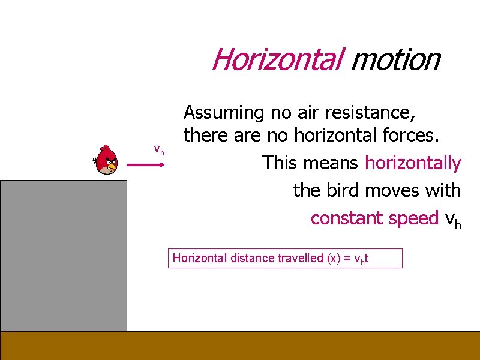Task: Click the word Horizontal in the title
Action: coord(277,59)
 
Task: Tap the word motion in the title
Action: coord(395,59)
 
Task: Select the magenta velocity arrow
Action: coord(146,167)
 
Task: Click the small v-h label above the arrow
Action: coord(159,149)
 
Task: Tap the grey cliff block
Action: coord(64,255)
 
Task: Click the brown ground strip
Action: coord(240,345)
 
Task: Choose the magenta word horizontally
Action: coord(413,163)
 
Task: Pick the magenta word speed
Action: coord(413,218)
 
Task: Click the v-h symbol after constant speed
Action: coord(452,219)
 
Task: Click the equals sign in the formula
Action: coord(347,259)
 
